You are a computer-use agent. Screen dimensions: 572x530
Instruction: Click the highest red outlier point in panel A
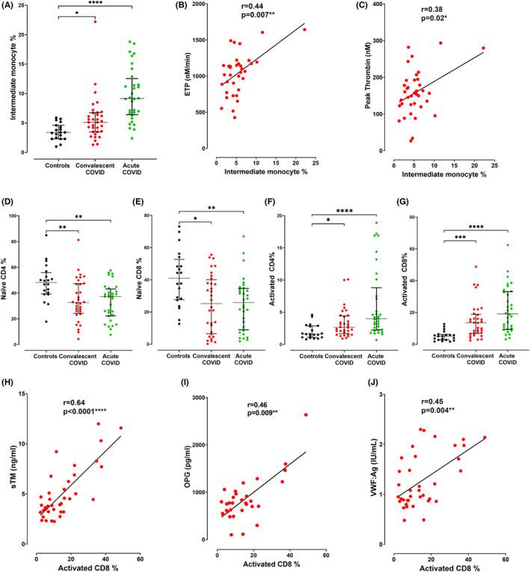(x=95, y=22)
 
